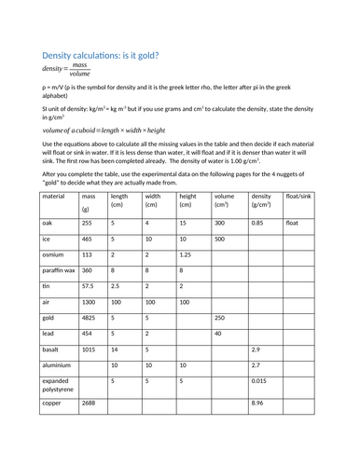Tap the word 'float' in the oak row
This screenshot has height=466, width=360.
pos(293,224)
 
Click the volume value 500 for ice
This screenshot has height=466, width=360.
pos(221,240)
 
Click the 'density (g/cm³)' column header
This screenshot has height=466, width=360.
pos(262,203)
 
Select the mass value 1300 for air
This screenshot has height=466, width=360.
pos(91,302)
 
